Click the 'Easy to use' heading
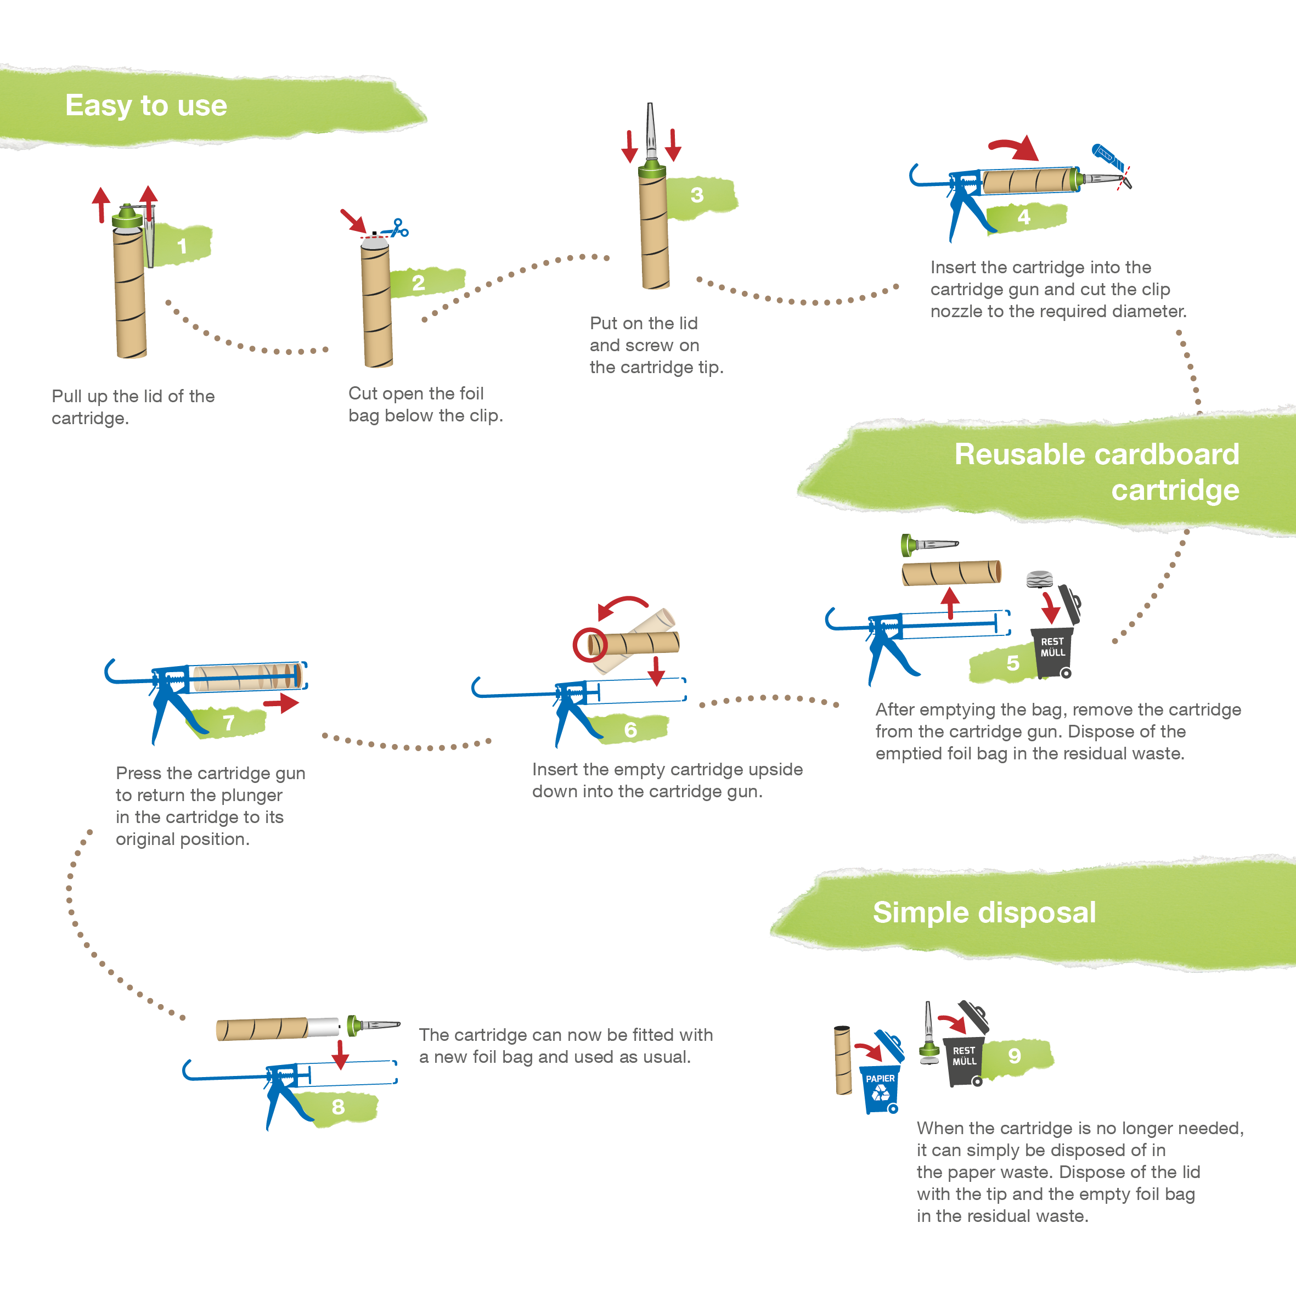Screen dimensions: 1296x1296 (x=146, y=106)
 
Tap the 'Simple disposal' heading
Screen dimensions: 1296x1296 (x=984, y=913)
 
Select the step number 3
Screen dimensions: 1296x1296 (x=697, y=195)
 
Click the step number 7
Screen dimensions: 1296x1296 (x=229, y=723)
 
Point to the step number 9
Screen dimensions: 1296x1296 (x=1015, y=1056)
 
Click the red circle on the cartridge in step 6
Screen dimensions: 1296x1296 (x=590, y=645)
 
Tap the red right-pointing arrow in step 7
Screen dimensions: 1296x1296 (x=281, y=703)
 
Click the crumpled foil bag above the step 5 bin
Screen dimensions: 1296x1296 (x=1040, y=579)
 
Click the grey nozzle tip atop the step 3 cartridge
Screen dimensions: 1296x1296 (x=650, y=132)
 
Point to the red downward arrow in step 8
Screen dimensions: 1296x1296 (x=340, y=1055)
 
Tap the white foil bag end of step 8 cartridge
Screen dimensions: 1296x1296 (x=323, y=1028)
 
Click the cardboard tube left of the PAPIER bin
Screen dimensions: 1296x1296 (x=843, y=1060)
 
